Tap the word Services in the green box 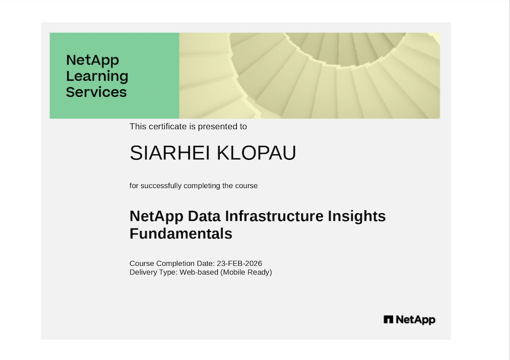coord(96,92)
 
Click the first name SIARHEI coord(170,153)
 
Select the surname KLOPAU coord(257,153)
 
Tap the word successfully coord(161,186)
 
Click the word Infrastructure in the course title coord(274,216)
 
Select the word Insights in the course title coord(356,216)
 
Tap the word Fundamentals coord(181,234)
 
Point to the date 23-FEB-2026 coord(239,263)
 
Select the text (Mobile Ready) coord(246,272)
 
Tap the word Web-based coord(199,272)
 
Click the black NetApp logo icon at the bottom coord(389,319)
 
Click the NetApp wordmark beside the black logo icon coord(416,320)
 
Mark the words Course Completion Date coord(172,263)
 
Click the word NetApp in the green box coord(92,61)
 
